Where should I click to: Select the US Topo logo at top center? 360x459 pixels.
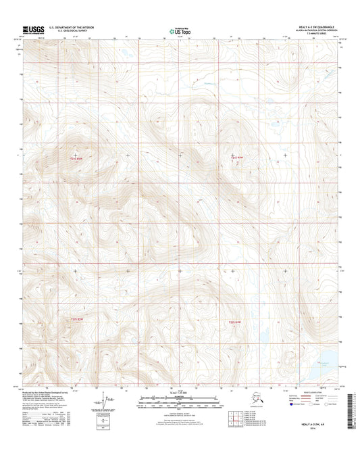click(179, 30)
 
